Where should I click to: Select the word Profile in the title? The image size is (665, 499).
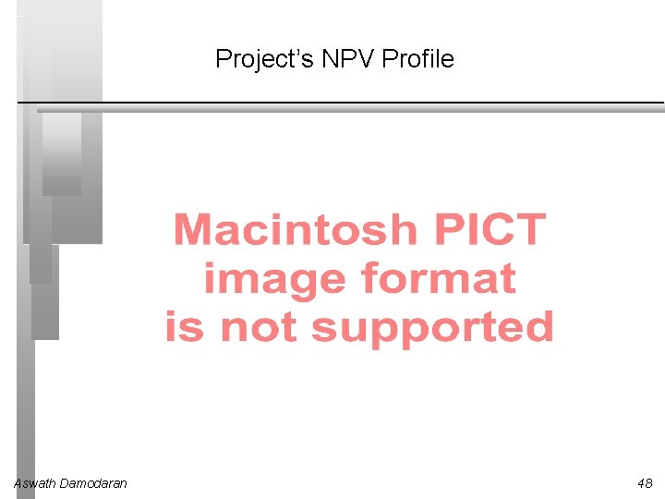coord(417,60)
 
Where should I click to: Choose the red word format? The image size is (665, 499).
coord(438,278)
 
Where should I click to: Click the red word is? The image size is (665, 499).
coord(184,327)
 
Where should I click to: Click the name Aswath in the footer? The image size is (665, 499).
coord(34,483)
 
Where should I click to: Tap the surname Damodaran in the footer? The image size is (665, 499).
coord(93,483)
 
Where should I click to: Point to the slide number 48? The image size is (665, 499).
coord(644,483)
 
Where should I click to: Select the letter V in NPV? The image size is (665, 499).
coord(366,60)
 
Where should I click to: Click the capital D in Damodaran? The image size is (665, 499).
coord(64,483)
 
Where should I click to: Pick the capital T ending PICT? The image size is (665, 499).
coord(530,229)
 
